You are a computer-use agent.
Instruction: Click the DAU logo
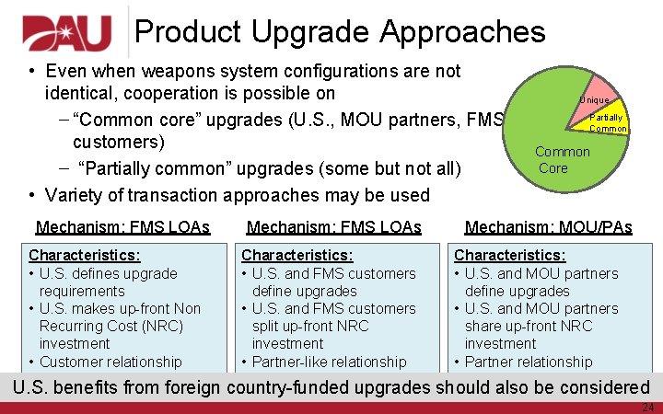(66, 33)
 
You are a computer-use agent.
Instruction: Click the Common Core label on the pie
(563, 159)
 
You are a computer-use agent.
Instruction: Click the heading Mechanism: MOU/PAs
(548, 227)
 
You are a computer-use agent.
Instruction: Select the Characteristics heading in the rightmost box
(509, 255)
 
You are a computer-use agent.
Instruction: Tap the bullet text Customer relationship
(110, 362)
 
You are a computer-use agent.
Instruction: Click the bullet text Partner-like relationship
(329, 362)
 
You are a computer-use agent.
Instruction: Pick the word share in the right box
(484, 326)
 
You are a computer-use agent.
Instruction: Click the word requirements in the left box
(82, 291)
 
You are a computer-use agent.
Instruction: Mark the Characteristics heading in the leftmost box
(85, 255)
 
